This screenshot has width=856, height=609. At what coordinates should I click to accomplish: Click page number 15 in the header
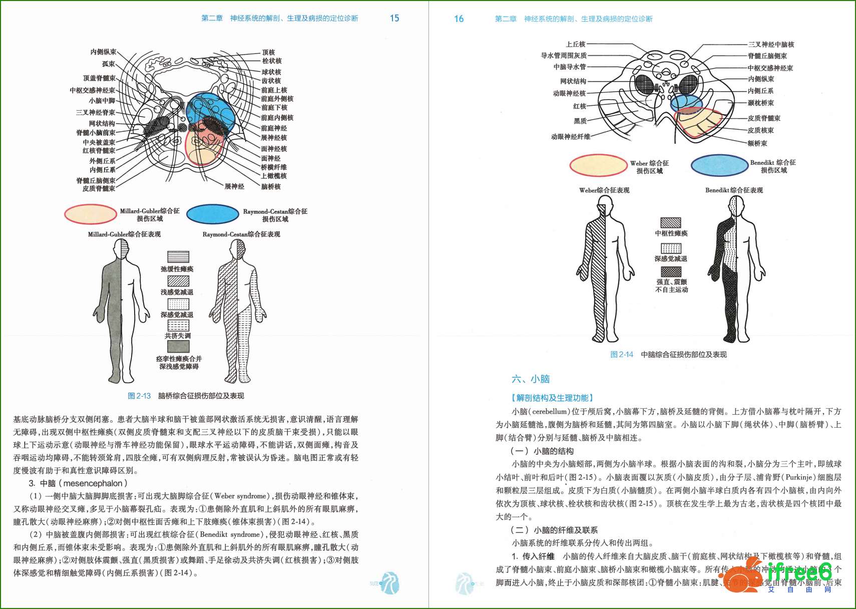[x=394, y=18]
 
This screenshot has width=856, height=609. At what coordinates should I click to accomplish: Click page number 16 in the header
[x=459, y=19]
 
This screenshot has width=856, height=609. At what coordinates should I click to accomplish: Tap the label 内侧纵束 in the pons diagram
[x=103, y=52]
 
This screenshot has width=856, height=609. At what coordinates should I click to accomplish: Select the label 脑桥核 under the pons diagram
[x=271, y=186]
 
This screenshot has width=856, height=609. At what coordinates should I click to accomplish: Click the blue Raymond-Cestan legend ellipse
[x=213, y=214]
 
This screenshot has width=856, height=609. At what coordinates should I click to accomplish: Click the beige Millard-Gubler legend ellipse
[x=91, y=214]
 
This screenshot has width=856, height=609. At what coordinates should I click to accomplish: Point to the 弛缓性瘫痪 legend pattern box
[x=178, y=256]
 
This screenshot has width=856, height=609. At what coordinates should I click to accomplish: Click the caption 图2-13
[x=139, y=396]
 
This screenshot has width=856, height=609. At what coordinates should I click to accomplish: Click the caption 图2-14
[x=621, y=354]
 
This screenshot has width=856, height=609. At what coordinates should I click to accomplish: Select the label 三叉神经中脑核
[x=771, y=44]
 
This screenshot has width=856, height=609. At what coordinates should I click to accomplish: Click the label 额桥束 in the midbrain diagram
[x=757, y=143]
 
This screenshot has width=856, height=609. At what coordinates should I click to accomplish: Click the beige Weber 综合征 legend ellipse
[x=598, y=165]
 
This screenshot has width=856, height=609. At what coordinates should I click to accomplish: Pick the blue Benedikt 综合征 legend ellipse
[x=719, y=165]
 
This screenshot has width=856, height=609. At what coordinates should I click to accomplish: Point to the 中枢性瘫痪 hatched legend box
[x=671, y=222]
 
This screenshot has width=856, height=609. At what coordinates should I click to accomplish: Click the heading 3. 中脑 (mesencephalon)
[x=78, y=483]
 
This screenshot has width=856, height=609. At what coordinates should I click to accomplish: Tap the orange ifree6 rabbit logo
[x=741, y=579]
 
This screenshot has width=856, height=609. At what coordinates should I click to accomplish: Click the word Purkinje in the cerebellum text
[x=799, y=477]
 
